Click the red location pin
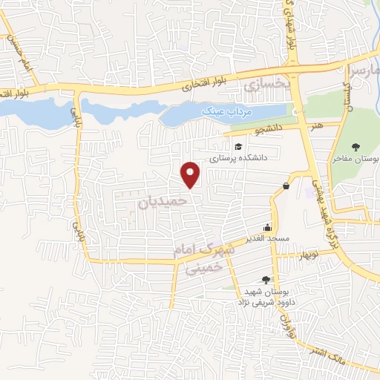pyautogui.click(x=192, y=174)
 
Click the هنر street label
pyautogui.click(x=318, y=126)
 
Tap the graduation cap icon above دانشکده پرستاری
pyautogui.click(x=237, y=146)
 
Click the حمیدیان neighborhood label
pyautogui.click(x=157, y=200)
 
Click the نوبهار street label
pyautogui.click(x=286, y=257)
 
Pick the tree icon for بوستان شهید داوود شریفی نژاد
pyautogui.click(x=266, y=280)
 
